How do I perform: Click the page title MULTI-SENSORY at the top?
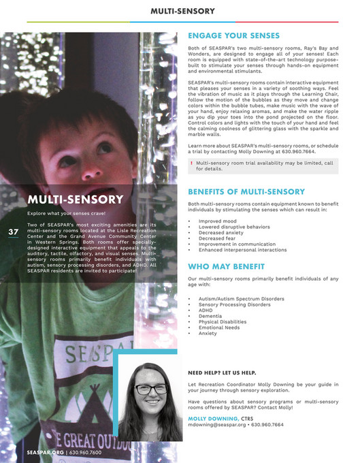(182, 11)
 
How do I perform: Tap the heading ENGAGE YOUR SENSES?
(233, 35)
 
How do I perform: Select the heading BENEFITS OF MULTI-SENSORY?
(246, 192)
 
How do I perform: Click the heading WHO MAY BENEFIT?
(225, 267)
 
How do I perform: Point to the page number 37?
(13, 232)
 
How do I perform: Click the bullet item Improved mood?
(217, 221)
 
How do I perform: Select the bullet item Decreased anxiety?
(220, 232)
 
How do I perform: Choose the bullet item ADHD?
(206, 310)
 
